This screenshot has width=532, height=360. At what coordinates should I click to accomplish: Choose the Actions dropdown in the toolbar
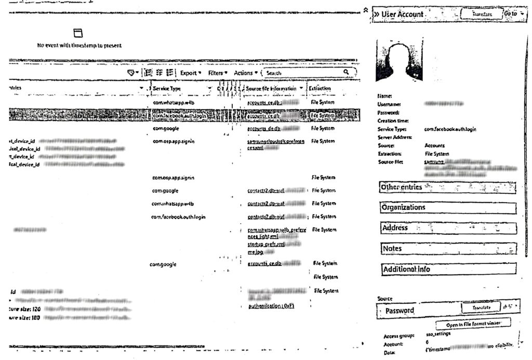[x=245, y=73]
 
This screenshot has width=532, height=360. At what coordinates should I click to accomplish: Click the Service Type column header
[x=167, y=89]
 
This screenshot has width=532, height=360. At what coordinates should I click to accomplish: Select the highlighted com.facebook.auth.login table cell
[x=180, y=116]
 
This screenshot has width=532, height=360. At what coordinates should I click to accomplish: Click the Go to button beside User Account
[x=511, y=14]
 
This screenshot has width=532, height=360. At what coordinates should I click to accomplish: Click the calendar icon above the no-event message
[x=78, y=33]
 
